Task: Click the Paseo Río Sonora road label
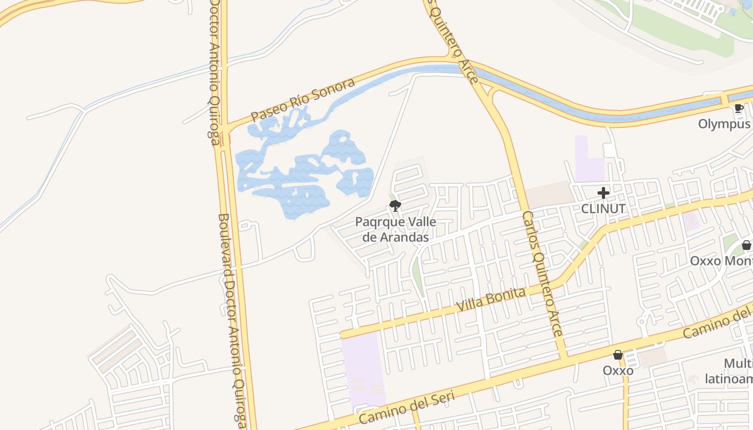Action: coord(303,100)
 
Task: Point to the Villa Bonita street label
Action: coord(491,299)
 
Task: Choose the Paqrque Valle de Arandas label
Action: coord(396,230)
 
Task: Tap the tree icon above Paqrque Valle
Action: coord(395,205)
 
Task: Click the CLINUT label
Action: coord(603,209)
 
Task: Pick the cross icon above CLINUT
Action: coord(603,192)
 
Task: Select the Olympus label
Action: coord(724,124)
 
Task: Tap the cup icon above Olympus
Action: coord(739,109)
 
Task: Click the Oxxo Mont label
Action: coord(721,261)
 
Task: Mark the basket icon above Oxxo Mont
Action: coord(747,245)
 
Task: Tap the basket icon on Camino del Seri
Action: coord(618,355)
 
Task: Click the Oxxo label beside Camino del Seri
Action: coord(618,370)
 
